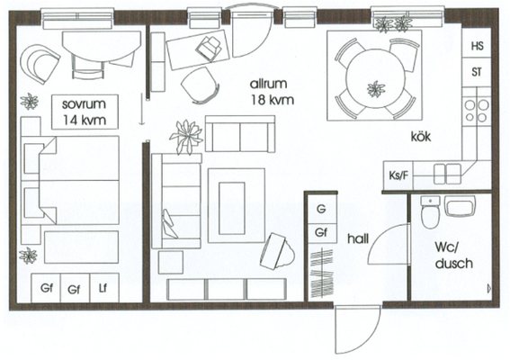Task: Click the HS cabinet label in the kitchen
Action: click(x=477, y=46)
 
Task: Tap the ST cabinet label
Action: click(x=477, y=72)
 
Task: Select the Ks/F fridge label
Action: click(x=398, y=175)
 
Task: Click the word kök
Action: click(x=421, y=136)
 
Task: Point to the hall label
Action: click(x=358, y=238)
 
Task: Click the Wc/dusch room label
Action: click(x=453, y=256)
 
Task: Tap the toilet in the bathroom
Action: click(x=430, y=211)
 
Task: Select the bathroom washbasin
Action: click(x=460, y=206)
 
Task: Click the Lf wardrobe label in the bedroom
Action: click(x=103, y=288)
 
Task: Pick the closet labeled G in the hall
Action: click(x=321, y=209)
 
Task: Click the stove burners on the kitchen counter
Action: click(x=477, y=111)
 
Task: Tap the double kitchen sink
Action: click(x=447, y=174)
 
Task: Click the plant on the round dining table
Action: click(x=376, y=89)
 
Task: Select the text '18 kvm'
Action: click(x=272, y=100)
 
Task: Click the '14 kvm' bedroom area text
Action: click(x=85, y=120)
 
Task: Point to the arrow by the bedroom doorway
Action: click(x=141, y=109)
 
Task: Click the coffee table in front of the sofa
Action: click(x=231, y=208)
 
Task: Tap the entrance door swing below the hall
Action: click(x=358, y=329)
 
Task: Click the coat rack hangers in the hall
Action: click(x=322, y=274)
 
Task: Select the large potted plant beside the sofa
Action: click(x=186, y=136)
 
